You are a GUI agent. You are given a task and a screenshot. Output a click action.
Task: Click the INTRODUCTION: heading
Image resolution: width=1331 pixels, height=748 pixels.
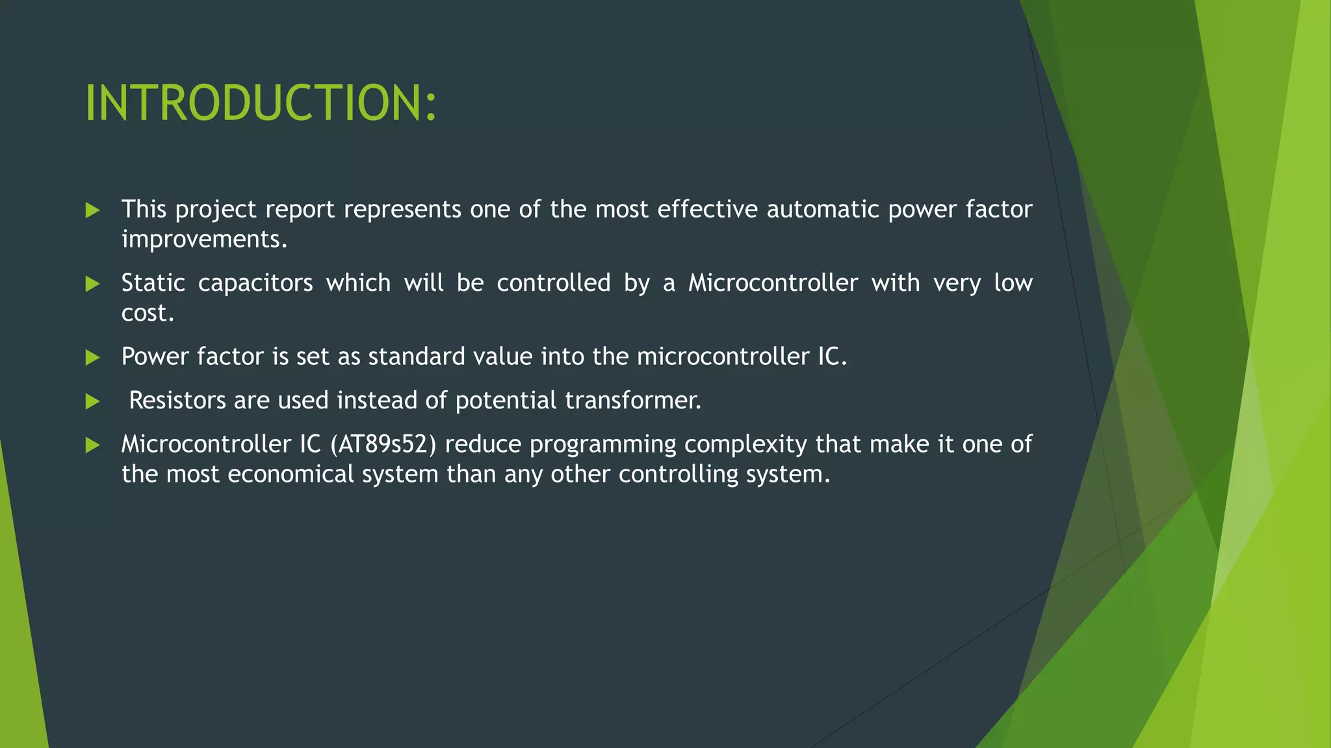pos(261,103)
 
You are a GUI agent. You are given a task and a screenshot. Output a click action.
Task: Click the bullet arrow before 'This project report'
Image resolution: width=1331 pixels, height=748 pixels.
pos(92,210)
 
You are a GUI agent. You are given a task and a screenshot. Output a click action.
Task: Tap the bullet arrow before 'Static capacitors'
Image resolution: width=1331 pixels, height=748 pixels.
pos(92,284)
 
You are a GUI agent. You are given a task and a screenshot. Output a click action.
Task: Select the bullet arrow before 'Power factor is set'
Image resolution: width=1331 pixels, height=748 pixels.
pos(92,357)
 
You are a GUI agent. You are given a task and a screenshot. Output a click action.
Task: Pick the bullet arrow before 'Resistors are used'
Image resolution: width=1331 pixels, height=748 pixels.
pos(92,401)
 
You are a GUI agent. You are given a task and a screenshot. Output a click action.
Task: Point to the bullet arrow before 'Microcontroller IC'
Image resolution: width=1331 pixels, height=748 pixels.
pos(92,445)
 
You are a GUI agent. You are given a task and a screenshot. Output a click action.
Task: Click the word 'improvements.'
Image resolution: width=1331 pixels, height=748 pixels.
pos(204,240)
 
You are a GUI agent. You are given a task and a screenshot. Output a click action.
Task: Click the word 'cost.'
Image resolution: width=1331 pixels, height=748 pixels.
pos(148,313)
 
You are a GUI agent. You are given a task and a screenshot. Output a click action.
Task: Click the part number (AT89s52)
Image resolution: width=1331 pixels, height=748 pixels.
pos(383,444)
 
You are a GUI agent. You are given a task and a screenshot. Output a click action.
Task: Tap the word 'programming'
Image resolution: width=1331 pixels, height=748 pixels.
pos(602,445)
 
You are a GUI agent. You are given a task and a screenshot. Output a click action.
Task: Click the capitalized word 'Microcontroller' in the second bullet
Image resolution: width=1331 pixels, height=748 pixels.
pos(773,283)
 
